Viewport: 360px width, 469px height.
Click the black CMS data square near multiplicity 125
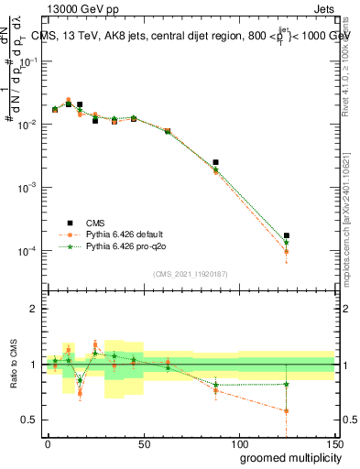click(x=287, y=235)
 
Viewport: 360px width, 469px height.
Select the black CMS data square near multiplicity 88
click(x=215, y=162)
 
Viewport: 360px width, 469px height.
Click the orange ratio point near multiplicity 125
click(x=287, y=410)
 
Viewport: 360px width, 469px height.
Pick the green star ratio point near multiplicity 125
click(x=287, y=384)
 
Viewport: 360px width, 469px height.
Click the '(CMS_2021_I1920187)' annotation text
click(x=189, y=273)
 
